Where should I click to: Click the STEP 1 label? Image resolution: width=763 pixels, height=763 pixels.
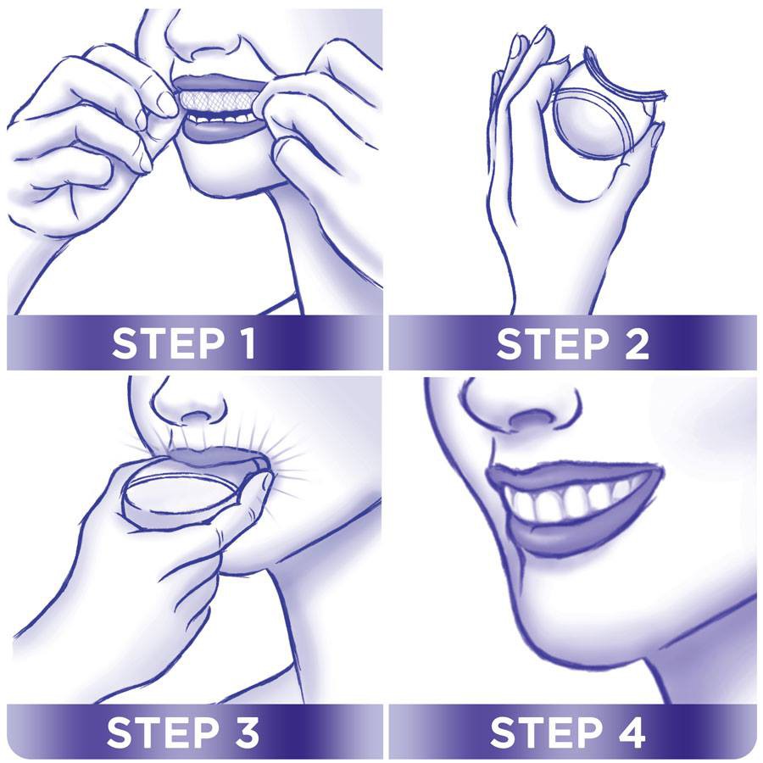click(185, 343)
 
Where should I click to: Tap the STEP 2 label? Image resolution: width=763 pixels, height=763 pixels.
click(572, 343)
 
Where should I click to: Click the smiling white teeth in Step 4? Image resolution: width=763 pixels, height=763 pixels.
click(568, 502)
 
